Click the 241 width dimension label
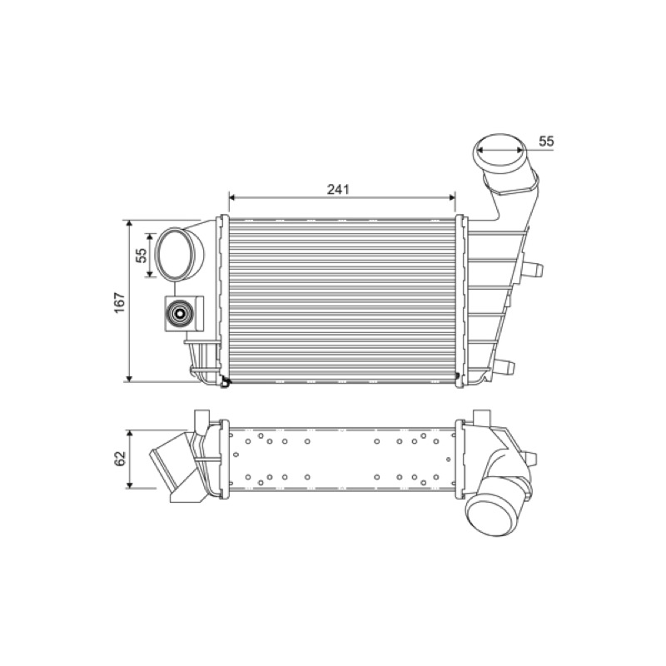click(338, 190)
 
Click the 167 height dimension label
click(120, 302)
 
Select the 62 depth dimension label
click(120, 459)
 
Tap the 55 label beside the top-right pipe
click(546, 141)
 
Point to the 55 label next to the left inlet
click(142, 255)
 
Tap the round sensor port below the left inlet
click(180, 314)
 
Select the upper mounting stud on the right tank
click(533, 269)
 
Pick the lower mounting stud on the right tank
click(504, 366)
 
